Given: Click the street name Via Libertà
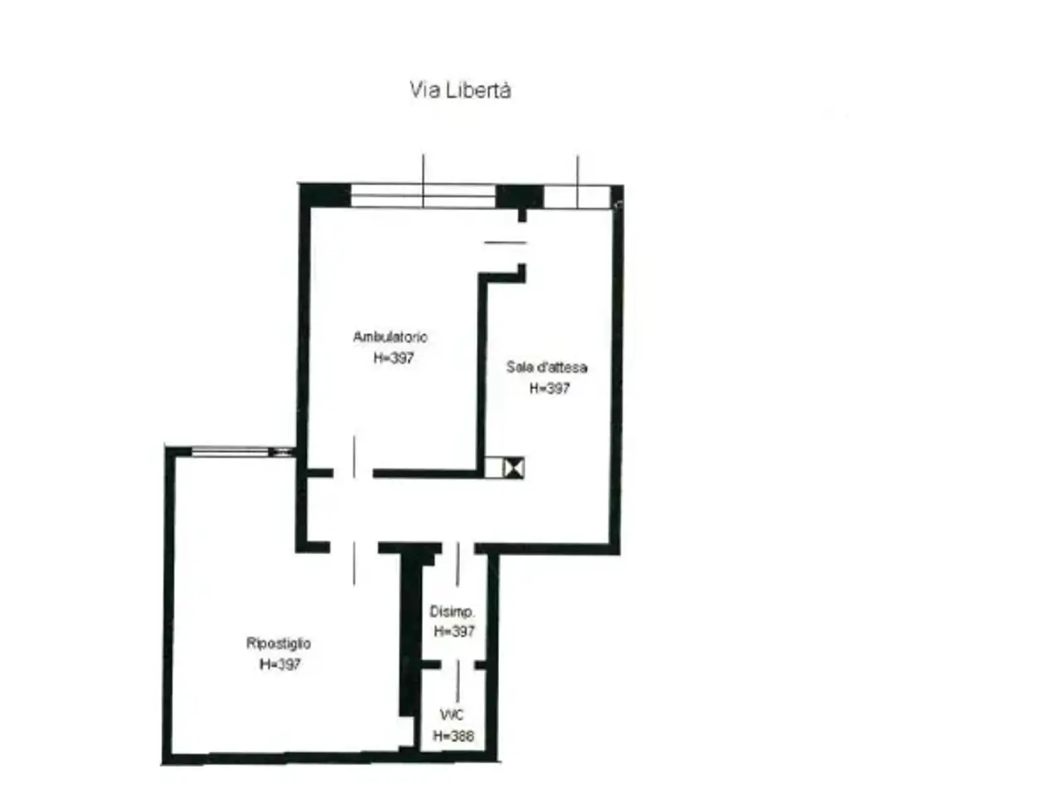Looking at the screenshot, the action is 460,90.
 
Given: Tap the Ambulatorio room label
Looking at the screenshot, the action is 390,337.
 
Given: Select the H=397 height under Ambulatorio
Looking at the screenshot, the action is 394,357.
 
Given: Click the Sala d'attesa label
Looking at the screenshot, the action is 547,366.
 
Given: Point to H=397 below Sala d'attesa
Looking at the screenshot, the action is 550,388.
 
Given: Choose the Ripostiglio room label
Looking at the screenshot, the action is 279,643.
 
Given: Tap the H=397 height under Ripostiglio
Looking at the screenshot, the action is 280,664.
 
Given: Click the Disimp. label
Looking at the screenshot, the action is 452,612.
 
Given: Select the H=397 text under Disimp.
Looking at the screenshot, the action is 454,631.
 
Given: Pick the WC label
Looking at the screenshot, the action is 452,714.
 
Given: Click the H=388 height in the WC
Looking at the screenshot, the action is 453,735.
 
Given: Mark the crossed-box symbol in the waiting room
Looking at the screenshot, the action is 513,468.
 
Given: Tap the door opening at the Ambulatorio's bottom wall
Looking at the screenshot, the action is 353,473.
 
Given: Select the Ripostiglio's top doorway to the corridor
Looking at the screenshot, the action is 354,549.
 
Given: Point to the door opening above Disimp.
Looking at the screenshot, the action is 458,549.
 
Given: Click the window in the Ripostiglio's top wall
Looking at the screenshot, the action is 231,452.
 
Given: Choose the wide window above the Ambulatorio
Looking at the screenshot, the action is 423,196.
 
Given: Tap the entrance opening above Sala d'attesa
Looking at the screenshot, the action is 577,197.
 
